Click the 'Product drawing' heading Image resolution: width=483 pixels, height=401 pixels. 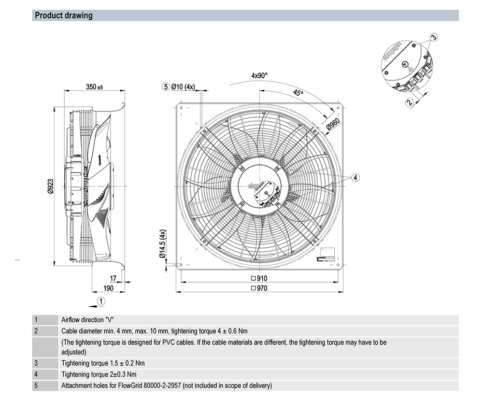63,15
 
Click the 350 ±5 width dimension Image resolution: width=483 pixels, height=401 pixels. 95,87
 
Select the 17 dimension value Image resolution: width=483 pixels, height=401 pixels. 113,278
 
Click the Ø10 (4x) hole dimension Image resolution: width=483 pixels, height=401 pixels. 184,87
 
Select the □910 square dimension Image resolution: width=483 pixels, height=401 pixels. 259,278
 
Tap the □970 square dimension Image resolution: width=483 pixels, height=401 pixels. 259,288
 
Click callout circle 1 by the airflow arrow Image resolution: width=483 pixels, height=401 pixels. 100,301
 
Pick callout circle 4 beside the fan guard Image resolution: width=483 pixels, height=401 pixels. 355,178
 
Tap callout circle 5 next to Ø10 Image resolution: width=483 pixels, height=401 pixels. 166,87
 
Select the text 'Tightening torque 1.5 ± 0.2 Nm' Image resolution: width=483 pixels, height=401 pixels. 103,363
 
